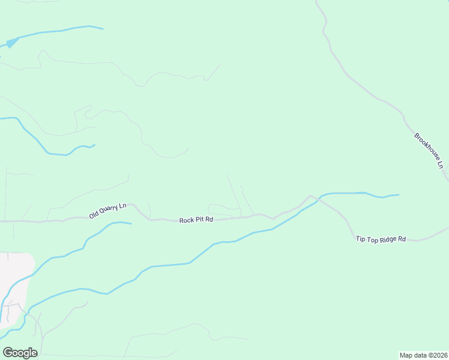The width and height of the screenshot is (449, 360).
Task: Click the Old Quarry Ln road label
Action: [108, 211]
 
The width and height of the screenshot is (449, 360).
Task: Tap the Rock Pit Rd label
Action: [196, 220]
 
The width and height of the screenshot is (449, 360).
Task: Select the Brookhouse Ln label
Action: [429, 149]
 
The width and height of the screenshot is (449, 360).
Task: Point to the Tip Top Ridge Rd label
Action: [381, 239]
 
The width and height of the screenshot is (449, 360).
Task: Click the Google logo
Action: [20, 352]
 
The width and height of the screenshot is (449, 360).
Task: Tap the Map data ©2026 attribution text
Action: [423, 355]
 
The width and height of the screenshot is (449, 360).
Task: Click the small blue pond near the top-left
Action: [11, 43]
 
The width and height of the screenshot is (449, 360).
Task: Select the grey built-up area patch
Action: [17, 282]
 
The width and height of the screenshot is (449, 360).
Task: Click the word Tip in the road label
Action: [360, 239]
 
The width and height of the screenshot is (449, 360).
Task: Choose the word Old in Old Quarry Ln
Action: [94, 215]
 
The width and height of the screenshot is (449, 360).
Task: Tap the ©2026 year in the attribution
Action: [436, 355]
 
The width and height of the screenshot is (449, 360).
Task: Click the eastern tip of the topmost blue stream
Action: [102, 28]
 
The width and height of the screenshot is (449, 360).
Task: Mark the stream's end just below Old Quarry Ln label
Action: [131, 223]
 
